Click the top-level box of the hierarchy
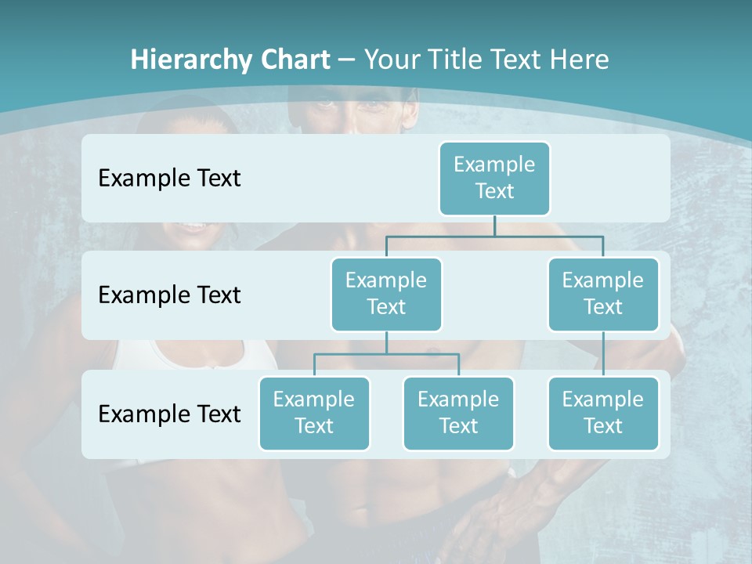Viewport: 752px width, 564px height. [x=494, y=178]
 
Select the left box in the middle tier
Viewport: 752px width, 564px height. [x=386, y=294]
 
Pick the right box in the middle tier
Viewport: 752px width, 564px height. [x=603, y=294]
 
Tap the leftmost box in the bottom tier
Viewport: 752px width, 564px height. [x=314, y=413]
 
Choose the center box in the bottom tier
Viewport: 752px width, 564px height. [x=458, y=413]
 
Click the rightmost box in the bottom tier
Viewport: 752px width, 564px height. [x=603, y=413]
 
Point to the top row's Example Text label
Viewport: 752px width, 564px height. [x=169, y=178]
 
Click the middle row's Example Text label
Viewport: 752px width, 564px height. [x=169, y=295]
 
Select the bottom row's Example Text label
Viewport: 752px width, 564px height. [x=169, y=414]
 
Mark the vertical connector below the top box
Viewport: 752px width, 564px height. [x=494, y=226]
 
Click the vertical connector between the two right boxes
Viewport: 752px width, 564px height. [x=603, y=354]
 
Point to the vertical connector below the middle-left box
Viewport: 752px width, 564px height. [x=386, y=342]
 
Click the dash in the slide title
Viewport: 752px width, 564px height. [x=347, y=60]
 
